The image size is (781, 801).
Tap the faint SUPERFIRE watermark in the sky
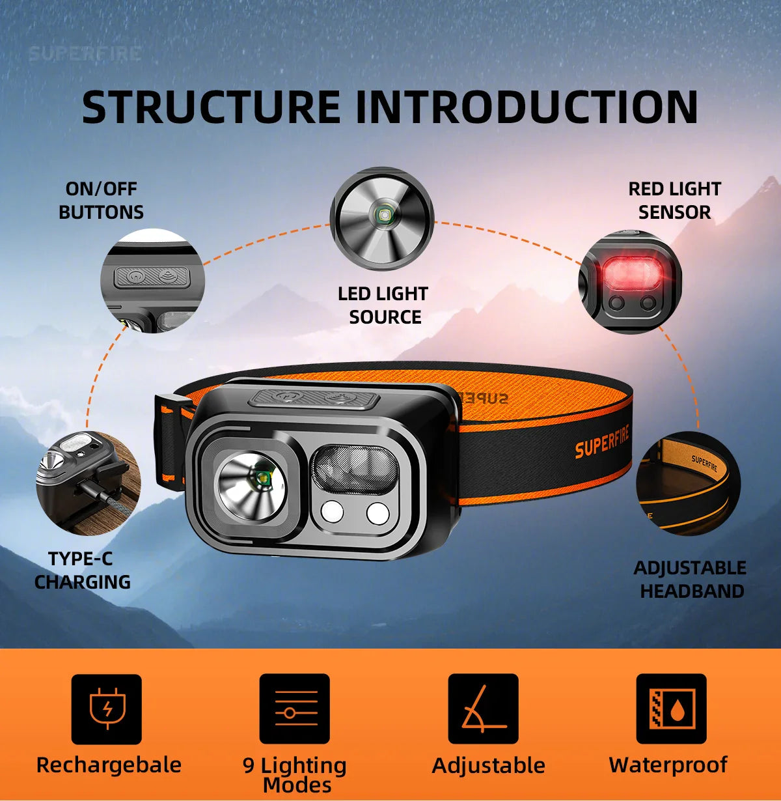click(x=85, y=54)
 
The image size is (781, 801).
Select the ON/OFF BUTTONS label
click(x=101, y=201)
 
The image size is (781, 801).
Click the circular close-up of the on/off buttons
click(x=152, y=281)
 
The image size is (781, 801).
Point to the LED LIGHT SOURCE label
click(x=383, y=305)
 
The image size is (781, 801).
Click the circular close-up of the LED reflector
click(x=382, y=219)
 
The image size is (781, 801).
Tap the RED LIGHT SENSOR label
click(x=674, y=201)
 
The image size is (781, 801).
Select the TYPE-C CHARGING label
click(x=82, y=570)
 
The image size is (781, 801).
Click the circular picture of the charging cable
click(x=89, y=483)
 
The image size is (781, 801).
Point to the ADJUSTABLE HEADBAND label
click(x=690, y=580)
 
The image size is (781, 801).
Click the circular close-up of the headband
click(x=688, y=483)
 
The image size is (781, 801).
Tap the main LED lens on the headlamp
click(x=251, y=488)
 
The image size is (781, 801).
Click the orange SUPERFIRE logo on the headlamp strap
click(x=601, y=442)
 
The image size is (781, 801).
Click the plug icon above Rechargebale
click(x=107, y=709)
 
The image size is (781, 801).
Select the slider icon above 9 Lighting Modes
click(x=294, y=709)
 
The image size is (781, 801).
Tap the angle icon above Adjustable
click(x=483, y=709)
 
